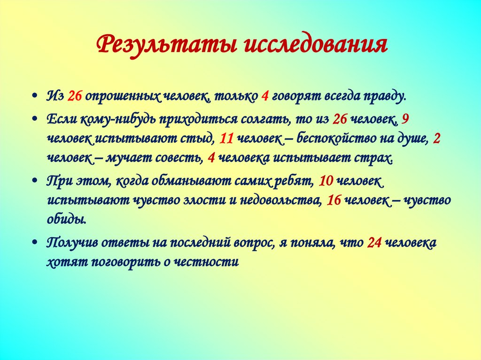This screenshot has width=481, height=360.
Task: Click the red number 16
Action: (334, 200)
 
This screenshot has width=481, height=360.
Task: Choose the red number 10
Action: (326, 181)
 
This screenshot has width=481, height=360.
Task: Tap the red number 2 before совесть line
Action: (436, 138)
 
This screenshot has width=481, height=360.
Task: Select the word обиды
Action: (66, 219)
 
